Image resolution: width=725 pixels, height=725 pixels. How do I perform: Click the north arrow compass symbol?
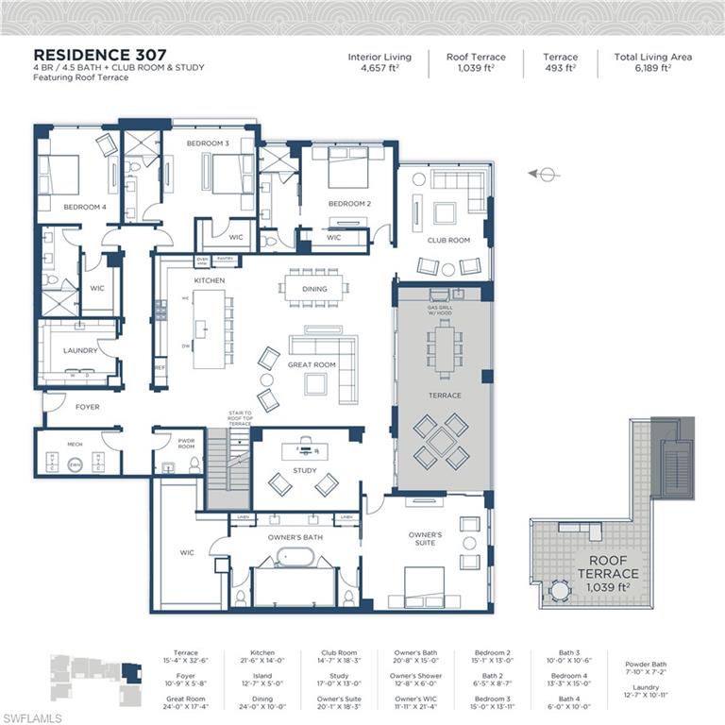545,174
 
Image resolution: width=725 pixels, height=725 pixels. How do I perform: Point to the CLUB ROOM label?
448,240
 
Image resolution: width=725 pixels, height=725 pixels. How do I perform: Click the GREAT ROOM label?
312,364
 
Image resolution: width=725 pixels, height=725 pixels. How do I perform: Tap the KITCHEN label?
208,281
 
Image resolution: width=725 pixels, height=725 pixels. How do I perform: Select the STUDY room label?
304,469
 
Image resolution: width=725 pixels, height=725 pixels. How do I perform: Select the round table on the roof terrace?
561,590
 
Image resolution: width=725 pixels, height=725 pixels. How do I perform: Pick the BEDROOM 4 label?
85,206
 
